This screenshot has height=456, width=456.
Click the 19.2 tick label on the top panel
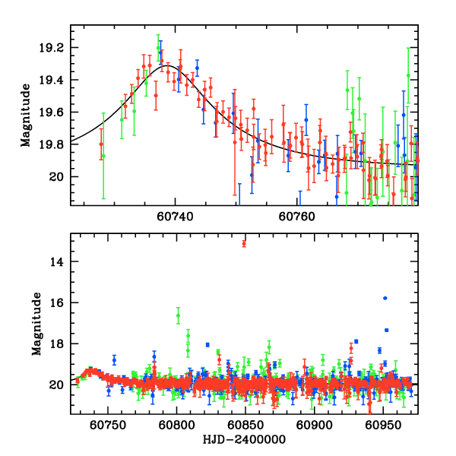pyautogui.click(x=55, y=48)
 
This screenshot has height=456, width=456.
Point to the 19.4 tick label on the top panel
pyautogui.click(x=55, y=80)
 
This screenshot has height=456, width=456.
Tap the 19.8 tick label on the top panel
pyautogui.click(x=55, y=144)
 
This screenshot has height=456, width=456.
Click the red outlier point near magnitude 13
pyautogui.click(x=244, y=243)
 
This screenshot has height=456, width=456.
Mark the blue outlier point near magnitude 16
pyautogui.click(x=385, y=298)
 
